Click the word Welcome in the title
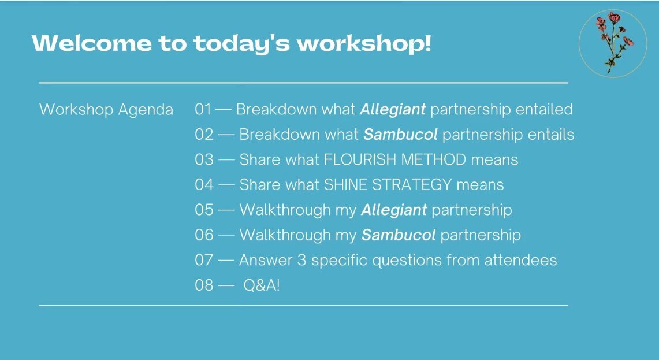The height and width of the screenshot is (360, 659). (x=92, y=43)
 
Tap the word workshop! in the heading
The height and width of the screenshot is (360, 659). (x=364, y=44)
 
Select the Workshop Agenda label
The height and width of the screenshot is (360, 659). (x=106, y=110)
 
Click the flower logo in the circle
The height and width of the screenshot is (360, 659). (x=613, y=43)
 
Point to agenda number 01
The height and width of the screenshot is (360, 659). (x=203, y=109)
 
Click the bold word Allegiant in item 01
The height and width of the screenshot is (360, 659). (x=393, y=110)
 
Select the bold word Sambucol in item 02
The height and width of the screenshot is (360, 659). (x=400, y=135)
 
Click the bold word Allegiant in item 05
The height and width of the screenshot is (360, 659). (x=394, y=210)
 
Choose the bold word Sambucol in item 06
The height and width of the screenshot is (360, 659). (x=399, y=235)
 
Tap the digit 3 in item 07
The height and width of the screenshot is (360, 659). (x=301, y=260)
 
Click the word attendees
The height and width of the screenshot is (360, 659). (x=521, y=260)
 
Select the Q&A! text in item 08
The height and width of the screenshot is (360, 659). (x=262, y=285)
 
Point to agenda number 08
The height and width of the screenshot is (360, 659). (x=204, y=285)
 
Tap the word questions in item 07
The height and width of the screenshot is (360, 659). (x=407, y=261)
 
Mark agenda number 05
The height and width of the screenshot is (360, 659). (x=204, y=210)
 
